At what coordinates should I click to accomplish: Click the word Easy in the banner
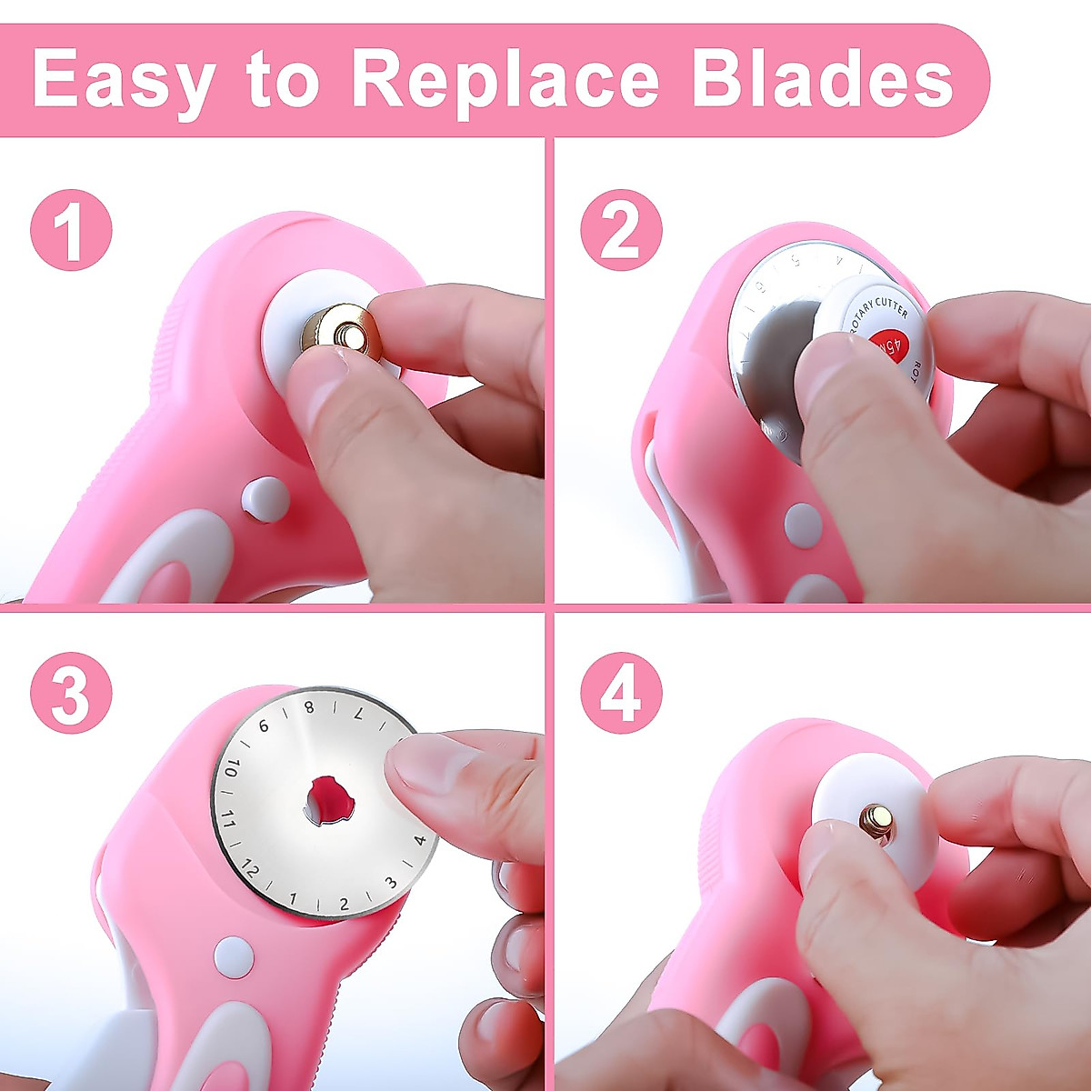coord(123,80)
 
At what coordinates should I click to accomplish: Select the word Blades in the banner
coord(823,80)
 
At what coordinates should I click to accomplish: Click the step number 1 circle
coord(71,229)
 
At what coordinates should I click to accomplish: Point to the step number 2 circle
coord(621,229)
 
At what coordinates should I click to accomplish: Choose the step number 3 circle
coord(71,695)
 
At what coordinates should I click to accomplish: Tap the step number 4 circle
coord(621,695)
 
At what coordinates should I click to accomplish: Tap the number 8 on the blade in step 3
coord(309,707)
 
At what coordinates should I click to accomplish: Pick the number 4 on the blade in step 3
coord(419,841)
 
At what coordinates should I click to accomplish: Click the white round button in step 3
coord(234,956)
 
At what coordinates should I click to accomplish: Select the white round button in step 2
coord(802,525)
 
